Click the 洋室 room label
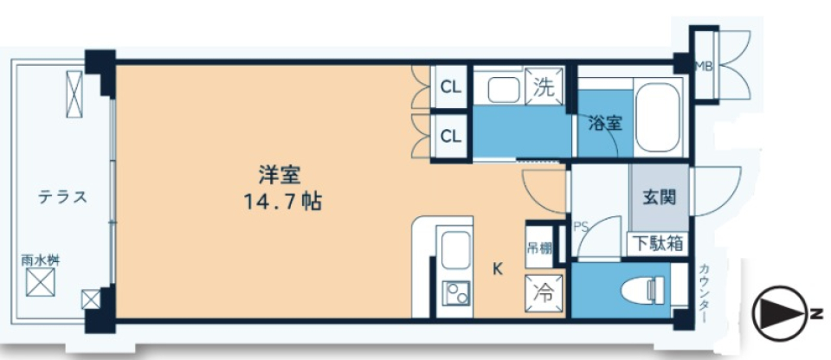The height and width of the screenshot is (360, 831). coord(279,174)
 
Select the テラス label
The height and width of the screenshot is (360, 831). coord(61,196)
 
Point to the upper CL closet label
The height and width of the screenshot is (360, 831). coord(450,87)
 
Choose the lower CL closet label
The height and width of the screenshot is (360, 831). coord(450,135)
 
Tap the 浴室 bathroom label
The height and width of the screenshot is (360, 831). coord(605,123)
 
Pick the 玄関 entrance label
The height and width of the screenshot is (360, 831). coord(659,197)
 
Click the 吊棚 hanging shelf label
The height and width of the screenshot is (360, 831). coord(535,247)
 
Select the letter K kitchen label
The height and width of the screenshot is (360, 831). coord(498,268)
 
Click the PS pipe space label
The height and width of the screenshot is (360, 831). coord(580,228)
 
